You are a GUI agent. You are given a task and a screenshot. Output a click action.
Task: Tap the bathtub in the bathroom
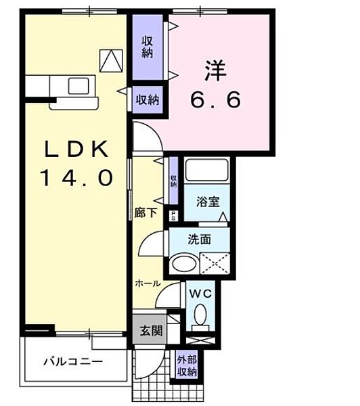207,173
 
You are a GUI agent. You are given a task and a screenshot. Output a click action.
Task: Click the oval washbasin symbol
183,263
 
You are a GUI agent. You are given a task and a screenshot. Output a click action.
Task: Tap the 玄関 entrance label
150,331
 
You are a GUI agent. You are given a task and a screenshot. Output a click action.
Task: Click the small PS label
173,217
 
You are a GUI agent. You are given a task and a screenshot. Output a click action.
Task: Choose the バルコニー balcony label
74,361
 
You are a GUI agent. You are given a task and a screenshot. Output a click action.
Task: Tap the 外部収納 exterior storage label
187,365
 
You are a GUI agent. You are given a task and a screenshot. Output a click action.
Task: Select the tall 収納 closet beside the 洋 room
148,46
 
